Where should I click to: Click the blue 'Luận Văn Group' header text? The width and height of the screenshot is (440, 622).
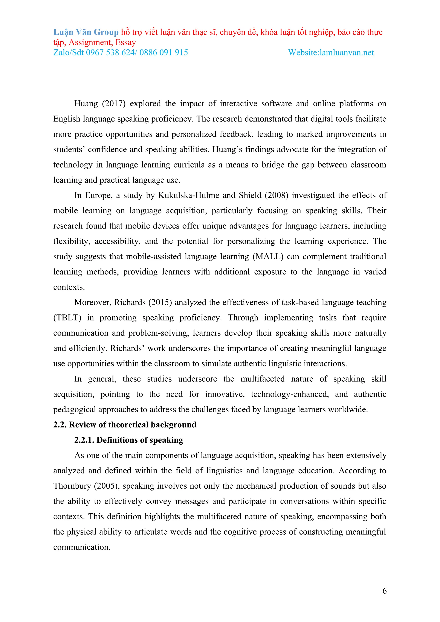[x=86, y=32]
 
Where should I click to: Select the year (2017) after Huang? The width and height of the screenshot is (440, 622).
[x=114, y=104]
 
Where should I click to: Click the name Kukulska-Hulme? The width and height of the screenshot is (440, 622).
[x=189, y=195]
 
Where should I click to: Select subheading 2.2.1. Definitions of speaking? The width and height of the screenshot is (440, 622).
[x=129, y=440]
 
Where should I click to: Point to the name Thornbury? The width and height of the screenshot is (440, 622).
[x=72, y=486]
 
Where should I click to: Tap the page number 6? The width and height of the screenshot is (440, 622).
[x=384, y=591]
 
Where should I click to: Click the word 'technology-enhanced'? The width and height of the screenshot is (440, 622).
[x=290, y=394]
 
